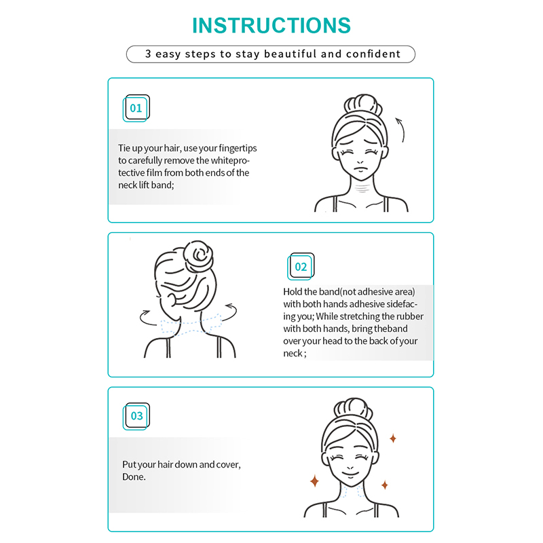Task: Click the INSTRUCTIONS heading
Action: point(271,26)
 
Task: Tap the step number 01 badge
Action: point(136,108)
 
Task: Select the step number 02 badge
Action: point(301,266)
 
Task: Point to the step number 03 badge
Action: point(136,416)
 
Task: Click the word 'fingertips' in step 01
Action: point(238,148)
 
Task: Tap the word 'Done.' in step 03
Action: point(134,477)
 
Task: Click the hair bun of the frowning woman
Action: point(363,105)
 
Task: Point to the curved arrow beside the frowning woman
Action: point(402,129)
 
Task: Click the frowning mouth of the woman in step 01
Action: point(360,169)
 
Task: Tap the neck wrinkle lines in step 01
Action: point(362,189)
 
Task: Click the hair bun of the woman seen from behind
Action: point(198,257)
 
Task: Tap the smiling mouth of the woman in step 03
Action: point(350,473)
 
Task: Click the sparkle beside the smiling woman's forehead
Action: point(393,438)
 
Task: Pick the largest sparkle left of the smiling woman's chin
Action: point(314,481)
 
